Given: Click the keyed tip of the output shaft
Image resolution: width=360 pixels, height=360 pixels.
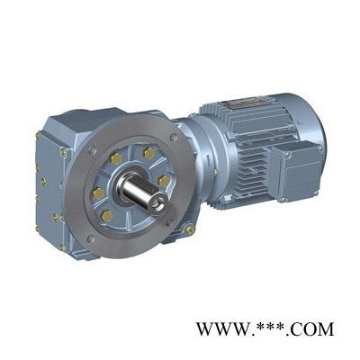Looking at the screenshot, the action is (x=157, y=204).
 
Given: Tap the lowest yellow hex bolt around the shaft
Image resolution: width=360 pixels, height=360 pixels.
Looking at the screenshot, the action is (x=106, y=216).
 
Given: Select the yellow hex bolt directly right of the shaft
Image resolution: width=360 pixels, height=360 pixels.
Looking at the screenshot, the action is (x=164, y=181).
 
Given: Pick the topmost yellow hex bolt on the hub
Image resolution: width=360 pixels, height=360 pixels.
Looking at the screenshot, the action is (x=149, y=153).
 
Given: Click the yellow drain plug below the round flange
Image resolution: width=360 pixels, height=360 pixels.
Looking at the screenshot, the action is (x=190, y=230).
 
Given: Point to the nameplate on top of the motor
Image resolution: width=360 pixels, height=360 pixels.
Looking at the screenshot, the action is (x=243, y=103).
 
